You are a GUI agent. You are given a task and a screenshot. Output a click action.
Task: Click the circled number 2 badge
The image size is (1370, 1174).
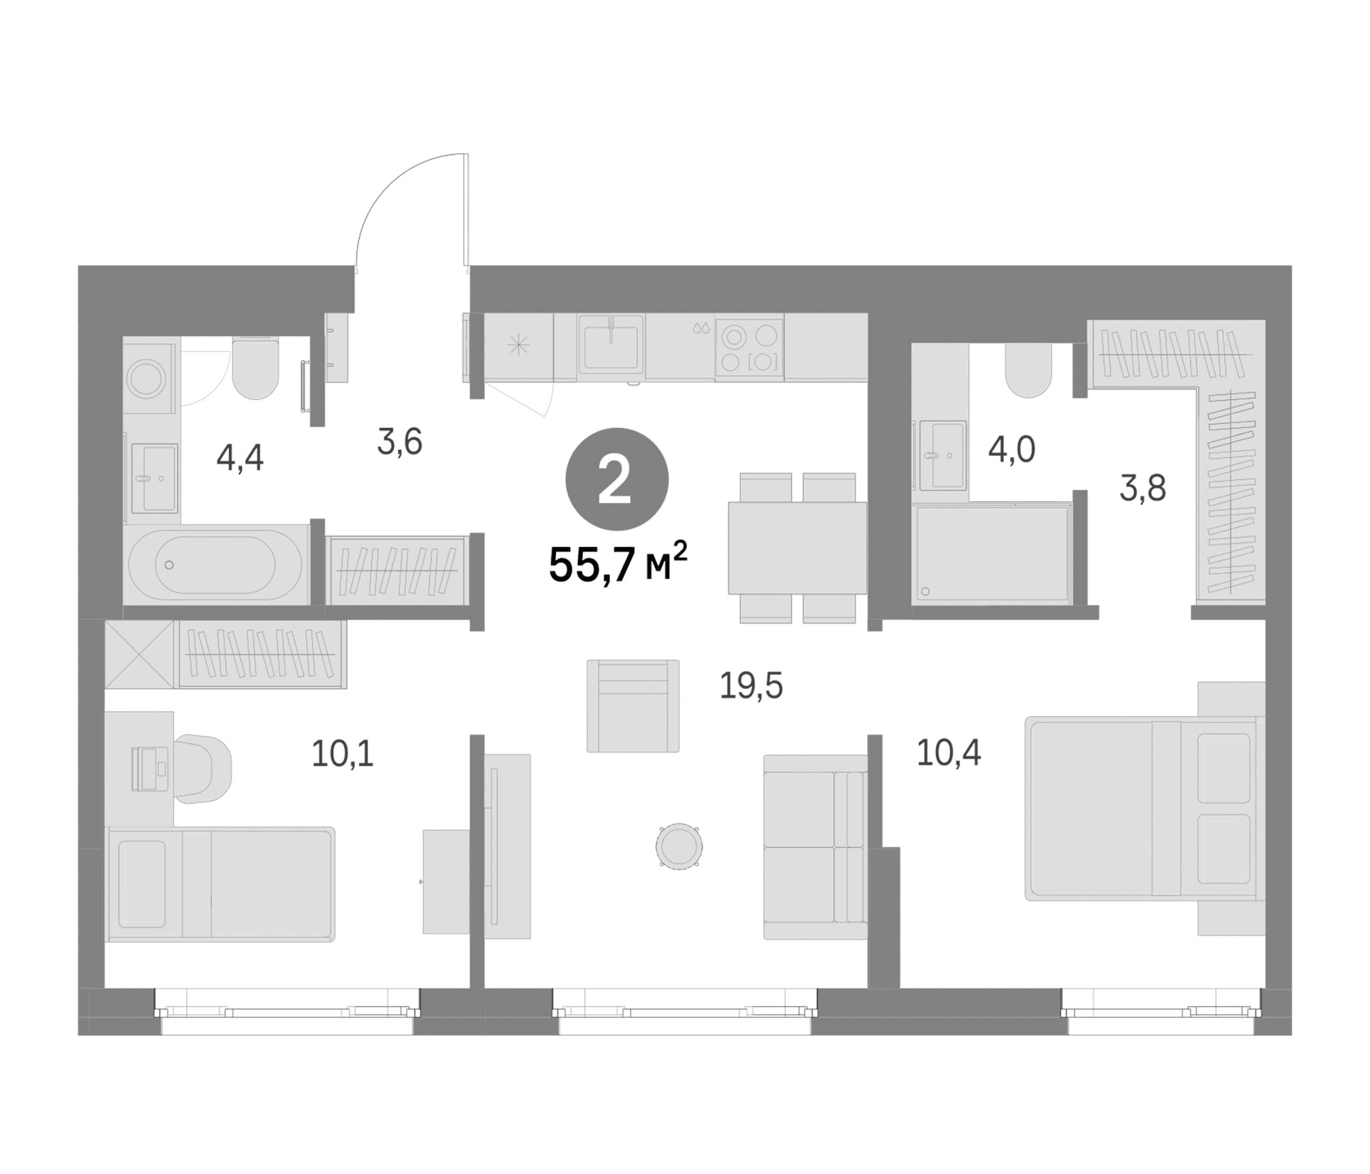coord(616,479)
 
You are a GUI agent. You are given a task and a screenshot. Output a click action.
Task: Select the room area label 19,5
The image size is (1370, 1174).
coord(751,686)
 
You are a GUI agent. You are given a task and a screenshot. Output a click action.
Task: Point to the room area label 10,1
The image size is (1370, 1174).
coord(342,754)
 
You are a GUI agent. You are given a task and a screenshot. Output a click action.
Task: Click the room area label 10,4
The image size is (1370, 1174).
coord(948,752)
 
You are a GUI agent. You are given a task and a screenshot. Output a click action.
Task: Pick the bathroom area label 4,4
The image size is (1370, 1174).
coord(240,458)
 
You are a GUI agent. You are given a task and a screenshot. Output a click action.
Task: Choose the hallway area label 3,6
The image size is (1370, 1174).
coord(400,442)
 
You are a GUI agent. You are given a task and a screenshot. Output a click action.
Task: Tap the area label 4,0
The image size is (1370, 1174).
coord(1011,450)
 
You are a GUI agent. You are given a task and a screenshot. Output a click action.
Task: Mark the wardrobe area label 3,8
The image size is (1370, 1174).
coord(1142,489)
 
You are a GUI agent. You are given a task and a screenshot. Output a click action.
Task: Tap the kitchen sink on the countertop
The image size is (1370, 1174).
coord(611,344)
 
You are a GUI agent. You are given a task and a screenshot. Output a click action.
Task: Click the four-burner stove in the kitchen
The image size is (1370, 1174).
coord(749,347)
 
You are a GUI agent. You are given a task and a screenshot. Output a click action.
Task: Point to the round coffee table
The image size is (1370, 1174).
coord(679,845)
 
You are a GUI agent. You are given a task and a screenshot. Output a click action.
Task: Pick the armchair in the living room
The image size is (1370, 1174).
coord(633,705)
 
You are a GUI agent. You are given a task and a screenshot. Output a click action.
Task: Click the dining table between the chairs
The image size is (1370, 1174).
coord(797,548)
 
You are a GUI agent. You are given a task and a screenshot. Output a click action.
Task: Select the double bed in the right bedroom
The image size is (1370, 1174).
coord(1140,809)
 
